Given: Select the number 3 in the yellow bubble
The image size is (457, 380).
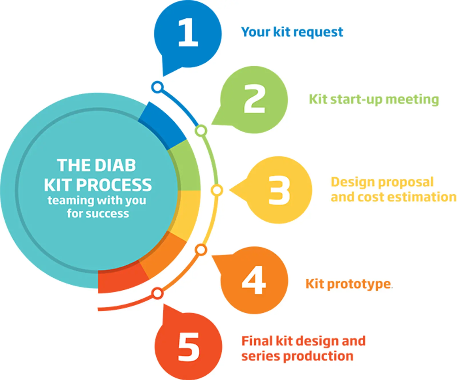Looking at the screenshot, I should [x=279, y=190].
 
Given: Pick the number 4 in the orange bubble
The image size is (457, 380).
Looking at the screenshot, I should [x=254, y=280].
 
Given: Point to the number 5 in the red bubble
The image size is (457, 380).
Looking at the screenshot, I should [x=189, y=347].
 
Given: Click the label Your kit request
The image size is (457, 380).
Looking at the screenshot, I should [x=292, y=32].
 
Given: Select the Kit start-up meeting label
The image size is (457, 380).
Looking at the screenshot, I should [x=374, y=99].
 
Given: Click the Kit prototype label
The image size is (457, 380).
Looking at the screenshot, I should [x=348, y=284].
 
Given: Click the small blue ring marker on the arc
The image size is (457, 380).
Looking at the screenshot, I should [x=157, y=87].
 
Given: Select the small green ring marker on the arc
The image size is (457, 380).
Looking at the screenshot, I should [x=201, y=131].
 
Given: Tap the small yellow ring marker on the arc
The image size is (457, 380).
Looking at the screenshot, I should [x=217, y=190].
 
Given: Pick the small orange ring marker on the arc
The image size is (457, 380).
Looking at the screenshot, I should [x=201, y=250].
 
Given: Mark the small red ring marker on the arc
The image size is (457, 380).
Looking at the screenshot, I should [x=157, y=293].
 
